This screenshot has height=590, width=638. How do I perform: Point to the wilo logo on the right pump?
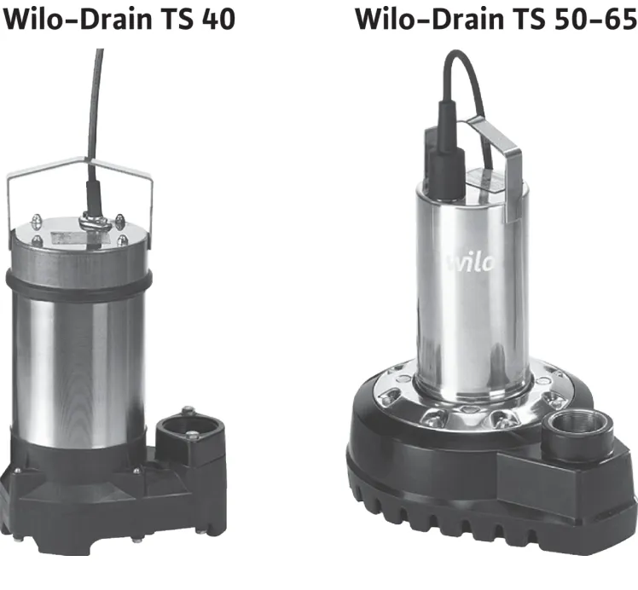[x=472, y=263]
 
